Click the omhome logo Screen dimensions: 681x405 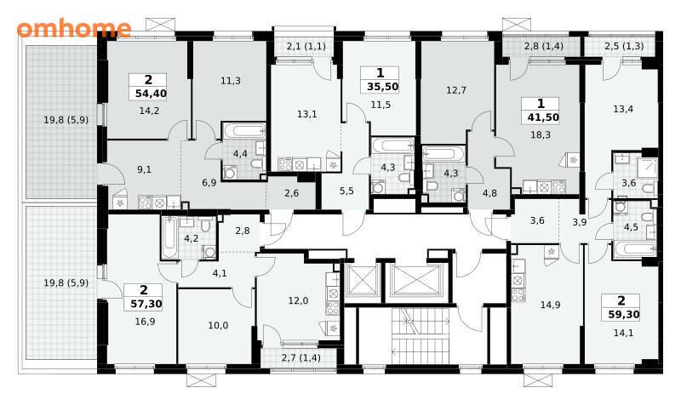pos(74,28)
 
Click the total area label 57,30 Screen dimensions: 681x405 pos(146,304)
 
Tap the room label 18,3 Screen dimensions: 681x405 pos(541,134)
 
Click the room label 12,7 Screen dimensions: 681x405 pos(456,90)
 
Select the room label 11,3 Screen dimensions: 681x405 pos(231,81)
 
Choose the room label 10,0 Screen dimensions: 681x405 pos(218,325)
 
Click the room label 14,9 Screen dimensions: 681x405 pos(550,305)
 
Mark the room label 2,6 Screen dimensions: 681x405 pos(291,193)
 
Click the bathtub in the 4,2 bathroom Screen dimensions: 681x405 pos(169,237)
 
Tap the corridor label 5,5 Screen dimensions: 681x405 pos(346,191)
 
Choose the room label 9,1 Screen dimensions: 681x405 pos(144,169)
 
